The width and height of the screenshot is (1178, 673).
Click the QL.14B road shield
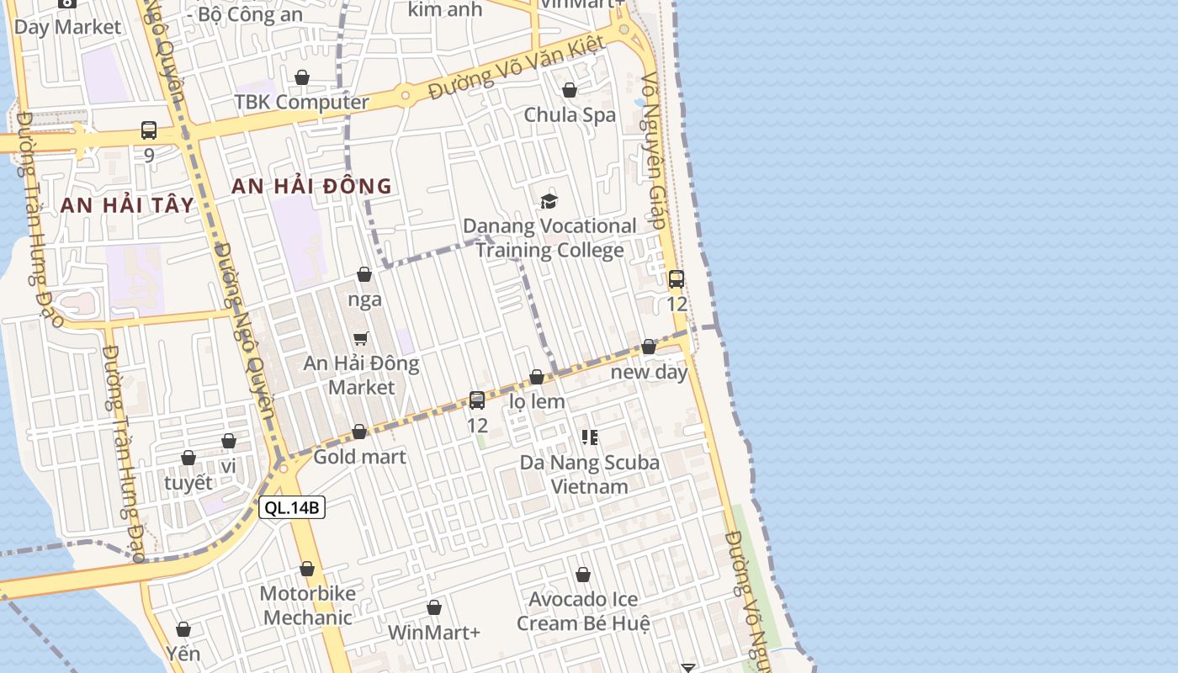pyautogui.click(x=291, y=507)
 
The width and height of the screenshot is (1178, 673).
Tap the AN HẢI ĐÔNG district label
pyautogui.click(x=311, y=186)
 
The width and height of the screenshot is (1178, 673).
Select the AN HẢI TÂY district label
pyautogui.click(x=127, y=204)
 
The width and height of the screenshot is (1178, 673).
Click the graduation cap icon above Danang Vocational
pyautogui.click(x=549, y=201)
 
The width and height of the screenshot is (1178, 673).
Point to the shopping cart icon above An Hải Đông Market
pyautogui.click(x=361, y=338)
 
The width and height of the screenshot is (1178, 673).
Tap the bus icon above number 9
pyautogui.click(x=149, y=130)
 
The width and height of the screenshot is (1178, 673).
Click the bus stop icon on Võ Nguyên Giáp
pyautogui.click(x=677, y=279)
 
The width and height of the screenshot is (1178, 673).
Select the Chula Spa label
pyautogui.click(x=570, y=114)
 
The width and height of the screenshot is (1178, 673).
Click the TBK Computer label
pyautogui.click(x=301, y=102)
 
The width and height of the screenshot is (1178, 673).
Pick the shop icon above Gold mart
pyautogui.click(x=359, y=432)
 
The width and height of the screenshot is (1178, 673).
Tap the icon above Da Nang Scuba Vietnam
pyautogui.click(x=590, y=437)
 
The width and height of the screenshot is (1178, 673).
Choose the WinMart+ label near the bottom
pyautogui.click(x=434, y=632)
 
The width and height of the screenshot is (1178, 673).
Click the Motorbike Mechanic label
pyautogui.click(x=307, y=605)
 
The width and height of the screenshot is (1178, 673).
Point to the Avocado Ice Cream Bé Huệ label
pyautogui.click(x=583, y=611)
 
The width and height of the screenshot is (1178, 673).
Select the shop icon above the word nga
pyautogui.click(x=364, y=274)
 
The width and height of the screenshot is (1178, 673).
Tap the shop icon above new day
pyautogui.click(x=649, y=347)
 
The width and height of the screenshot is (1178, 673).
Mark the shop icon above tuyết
pyautogui.click(x=188, y=458)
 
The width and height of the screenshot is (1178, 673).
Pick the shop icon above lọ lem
pyautogui.click(x=537, y=377)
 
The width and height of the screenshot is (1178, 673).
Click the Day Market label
pyautogui.click(x=67, y=27)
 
